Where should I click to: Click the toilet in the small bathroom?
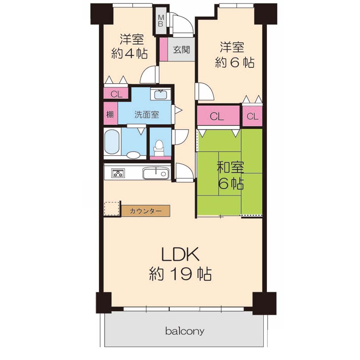pyautogui.click(x=159, y=147)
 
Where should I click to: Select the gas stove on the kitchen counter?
pyautogui.click(x=118, y=173)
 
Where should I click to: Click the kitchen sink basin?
pyautogui.click(x=156, y=173)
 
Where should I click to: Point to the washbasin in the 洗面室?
pyautogui.click(x=160, y=95)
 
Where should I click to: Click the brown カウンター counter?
pyautogui.click(x=146, y=211)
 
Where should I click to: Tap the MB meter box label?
pyautogui.click(x=161, y=20)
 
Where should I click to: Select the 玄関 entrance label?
pyautogui.click(x=181, y=49)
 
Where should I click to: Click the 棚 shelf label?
pyautogui.click(x=110, y=114)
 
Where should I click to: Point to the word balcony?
pyautogui.click(x=185, y=331)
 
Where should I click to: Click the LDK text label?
pyautogui.click(x=180, y=255)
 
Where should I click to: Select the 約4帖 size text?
pyautogui.click(x=129, y=54)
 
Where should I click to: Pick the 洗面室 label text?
pyautogui.click(x=147, y=115)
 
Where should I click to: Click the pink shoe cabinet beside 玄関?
pyautogui.click(x=163, y=49)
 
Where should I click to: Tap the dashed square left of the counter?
pyautogui.click(x=111, y=208)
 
